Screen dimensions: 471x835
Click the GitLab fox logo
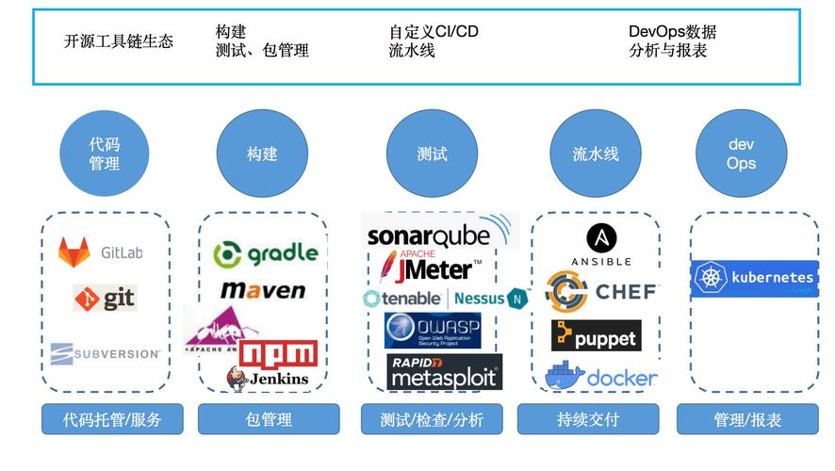pos(74,252)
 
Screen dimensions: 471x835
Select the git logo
pos(106,299)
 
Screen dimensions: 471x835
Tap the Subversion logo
pos(105,353)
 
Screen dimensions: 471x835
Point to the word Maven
pos(263,290)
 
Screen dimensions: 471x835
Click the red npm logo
pos(278,353)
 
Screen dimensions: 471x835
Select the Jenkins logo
pos(268,378)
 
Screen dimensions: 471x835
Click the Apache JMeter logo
pos(429,268)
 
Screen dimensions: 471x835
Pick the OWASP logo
pos(433,330)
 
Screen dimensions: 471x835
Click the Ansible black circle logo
pos(601,238)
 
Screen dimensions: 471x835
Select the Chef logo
pos(599,291)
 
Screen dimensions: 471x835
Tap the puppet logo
pos(596,335)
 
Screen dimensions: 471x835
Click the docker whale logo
pos(565,375)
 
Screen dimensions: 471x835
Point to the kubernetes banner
pos(754,278)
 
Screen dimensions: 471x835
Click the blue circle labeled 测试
pos(432,154)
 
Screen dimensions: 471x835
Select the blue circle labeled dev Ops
pos(741,154)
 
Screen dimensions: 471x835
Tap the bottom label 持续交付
pos(587,419)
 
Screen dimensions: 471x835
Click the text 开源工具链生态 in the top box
pos(119,41)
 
